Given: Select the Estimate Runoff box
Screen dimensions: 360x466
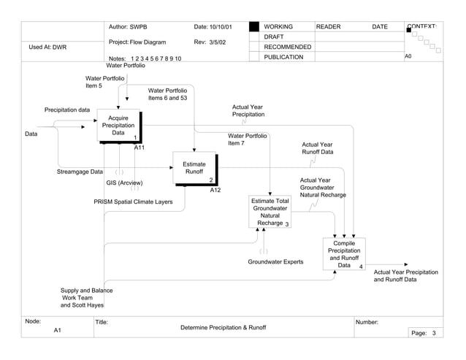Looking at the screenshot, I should tap(194, 169).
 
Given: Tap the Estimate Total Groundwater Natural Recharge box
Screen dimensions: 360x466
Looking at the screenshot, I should tap(270, 212).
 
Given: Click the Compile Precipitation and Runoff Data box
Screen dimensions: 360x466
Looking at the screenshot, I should tap(344, 255).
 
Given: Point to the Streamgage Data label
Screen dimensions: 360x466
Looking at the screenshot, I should tap(80, 172).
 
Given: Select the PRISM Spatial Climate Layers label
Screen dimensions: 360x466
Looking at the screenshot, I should tap(138, 202).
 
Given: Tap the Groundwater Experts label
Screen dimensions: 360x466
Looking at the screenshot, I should tap(275, 261).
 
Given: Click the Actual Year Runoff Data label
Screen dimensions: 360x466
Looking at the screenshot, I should tap(317, 148).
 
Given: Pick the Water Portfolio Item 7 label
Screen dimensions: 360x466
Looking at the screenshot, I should tap(247, 139).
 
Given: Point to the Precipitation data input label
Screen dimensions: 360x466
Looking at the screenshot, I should tap(67, 110).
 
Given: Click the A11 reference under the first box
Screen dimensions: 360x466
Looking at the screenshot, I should tap(140, 148).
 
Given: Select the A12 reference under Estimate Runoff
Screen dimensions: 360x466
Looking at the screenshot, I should tap(215, 191).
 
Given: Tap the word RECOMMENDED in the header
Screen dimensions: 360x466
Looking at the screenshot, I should tap(287, 47).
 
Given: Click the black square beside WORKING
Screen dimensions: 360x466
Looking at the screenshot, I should tap(253, 27).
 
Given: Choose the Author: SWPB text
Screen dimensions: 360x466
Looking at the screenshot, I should tap(128, 27).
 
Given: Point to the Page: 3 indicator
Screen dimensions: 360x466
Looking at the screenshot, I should tap(424, 333).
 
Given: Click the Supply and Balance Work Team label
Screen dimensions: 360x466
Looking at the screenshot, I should tap(86, 298).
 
